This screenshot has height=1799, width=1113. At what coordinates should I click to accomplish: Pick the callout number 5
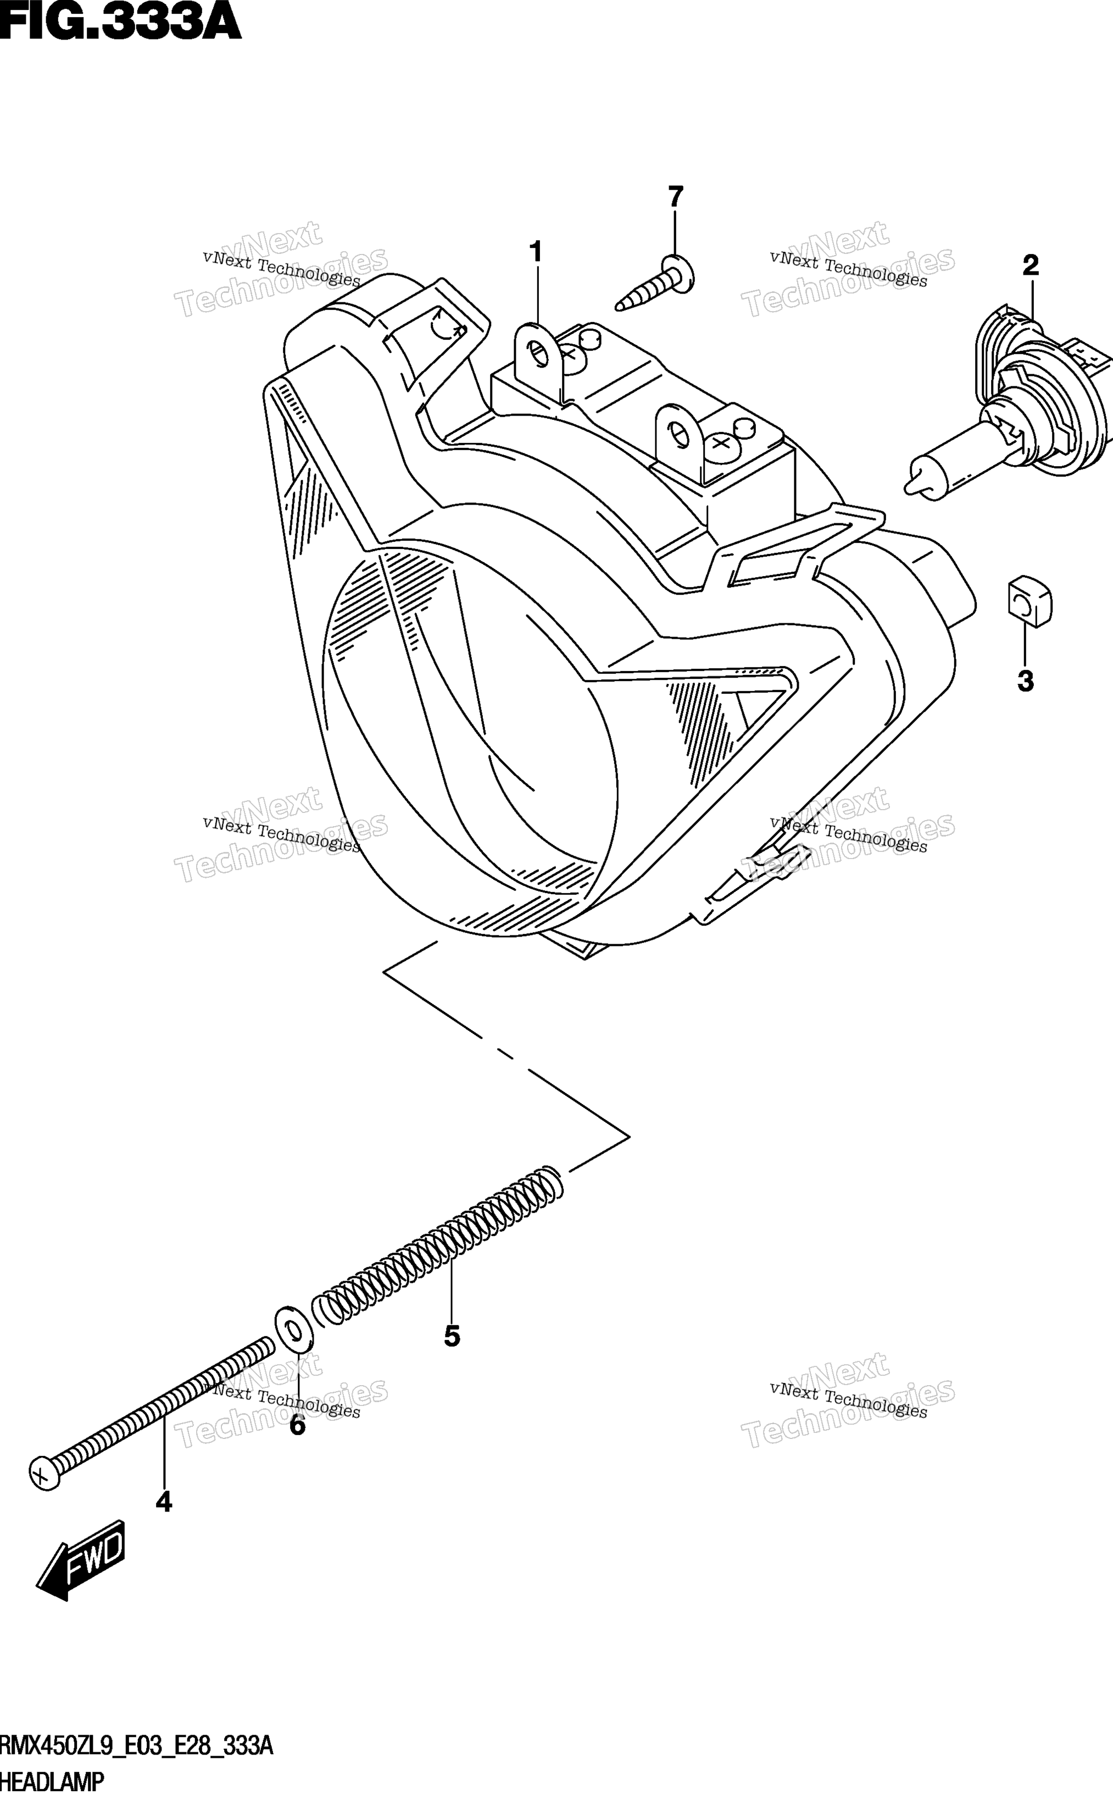pos(452,1336)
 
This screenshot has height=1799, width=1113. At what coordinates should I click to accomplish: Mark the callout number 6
pos(297,1426)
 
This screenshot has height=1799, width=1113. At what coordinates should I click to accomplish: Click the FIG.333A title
pos(120,22)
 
